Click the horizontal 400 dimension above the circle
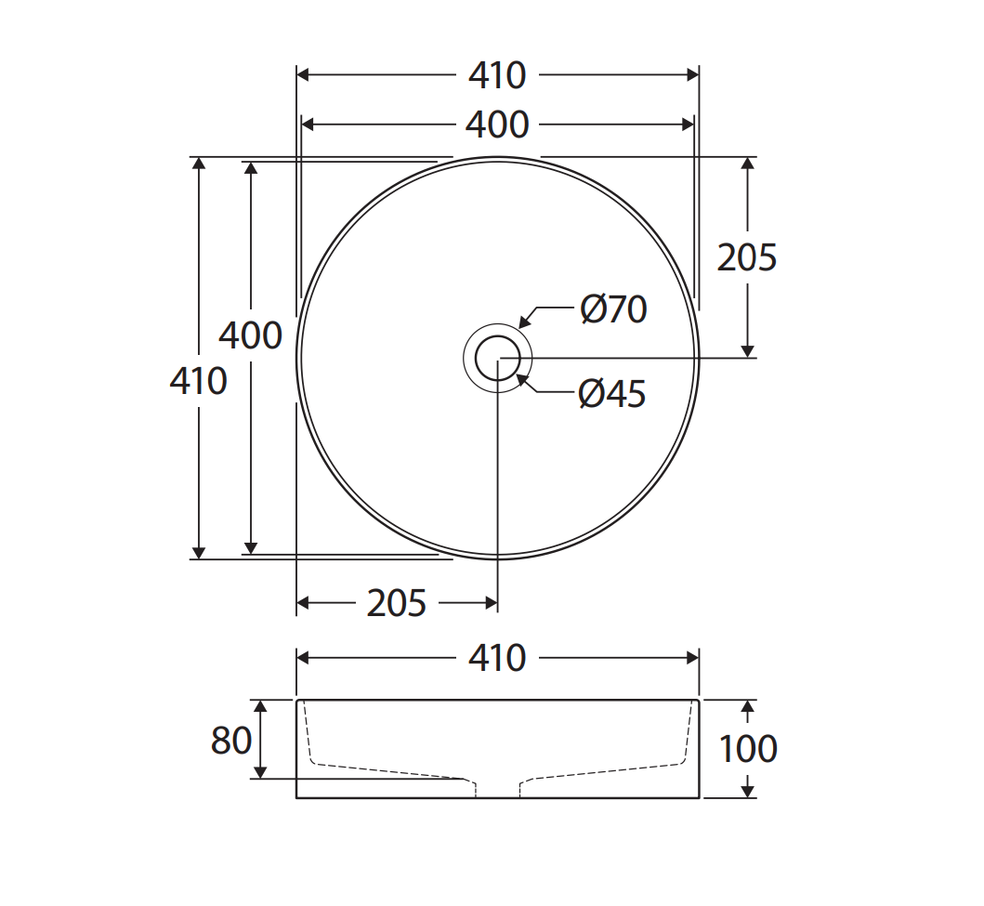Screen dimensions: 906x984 click(497, 125)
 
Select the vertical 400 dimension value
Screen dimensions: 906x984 click(250, 335)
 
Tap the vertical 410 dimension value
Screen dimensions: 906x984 click(198, 381)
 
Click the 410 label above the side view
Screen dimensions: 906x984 click(497, 658)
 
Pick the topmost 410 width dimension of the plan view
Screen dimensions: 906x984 click(497, 75)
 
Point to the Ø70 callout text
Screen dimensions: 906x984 click(613, 309)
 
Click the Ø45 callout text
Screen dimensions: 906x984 click(611, 394)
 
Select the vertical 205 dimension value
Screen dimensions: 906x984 click(746, 257)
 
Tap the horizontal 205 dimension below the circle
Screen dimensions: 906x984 click(397, 604)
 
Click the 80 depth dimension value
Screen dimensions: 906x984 click(231, 741)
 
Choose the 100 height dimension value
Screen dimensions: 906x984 click(748, 749)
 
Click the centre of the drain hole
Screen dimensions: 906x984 click(498, 358)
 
